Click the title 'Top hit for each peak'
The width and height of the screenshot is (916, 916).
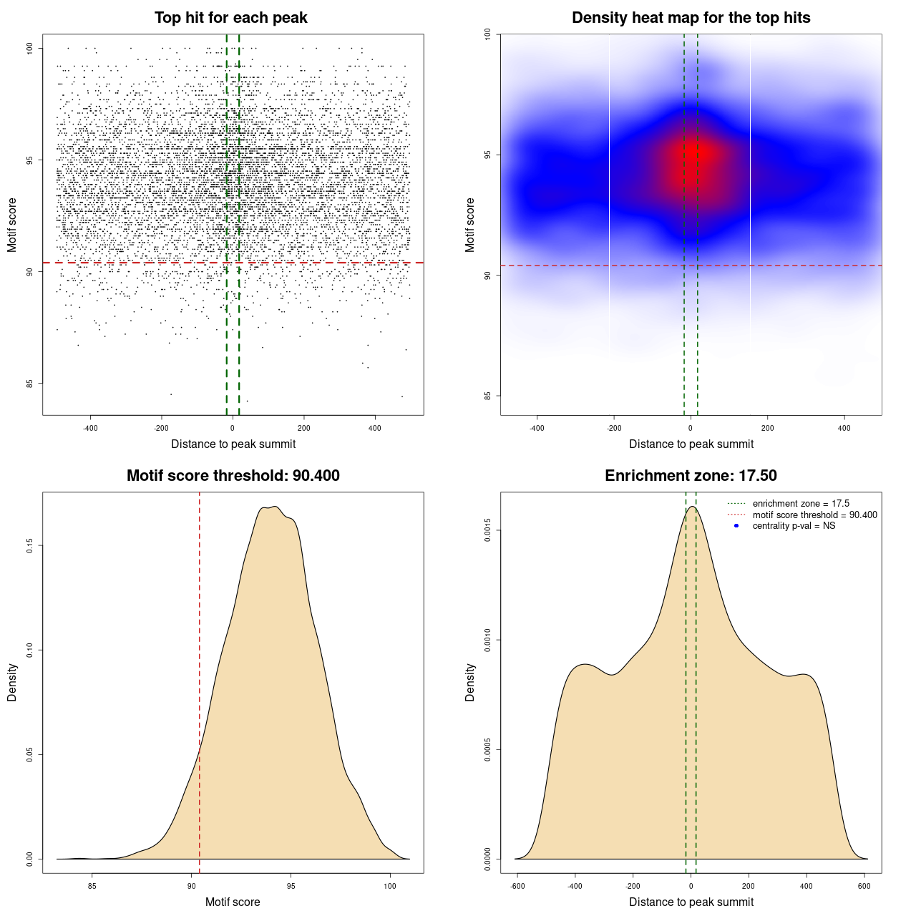click(230, 18)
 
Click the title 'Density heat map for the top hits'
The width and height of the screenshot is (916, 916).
click(691, 18)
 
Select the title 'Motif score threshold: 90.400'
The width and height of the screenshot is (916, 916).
click(233, 476)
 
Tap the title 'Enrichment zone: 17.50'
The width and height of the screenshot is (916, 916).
click(691, 476)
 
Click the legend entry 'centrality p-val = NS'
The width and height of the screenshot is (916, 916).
click(794, 526)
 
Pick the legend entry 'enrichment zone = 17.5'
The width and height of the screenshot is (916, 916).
click(801, 504)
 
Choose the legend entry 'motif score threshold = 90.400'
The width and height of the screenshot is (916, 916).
click(814, 515)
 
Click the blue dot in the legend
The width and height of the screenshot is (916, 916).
click(736, 526)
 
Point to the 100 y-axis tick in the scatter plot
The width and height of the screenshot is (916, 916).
click(30, 48)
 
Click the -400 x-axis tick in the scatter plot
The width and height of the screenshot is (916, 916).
click(90, 428)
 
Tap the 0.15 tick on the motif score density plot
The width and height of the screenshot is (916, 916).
click(30, 546)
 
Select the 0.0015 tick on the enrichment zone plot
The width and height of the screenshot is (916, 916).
click(488, 530)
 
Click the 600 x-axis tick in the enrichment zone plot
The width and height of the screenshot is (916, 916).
click(864, 886)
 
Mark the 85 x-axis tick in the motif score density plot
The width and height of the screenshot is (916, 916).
click(92, 886)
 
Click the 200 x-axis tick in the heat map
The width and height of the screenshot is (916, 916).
click(767, 428)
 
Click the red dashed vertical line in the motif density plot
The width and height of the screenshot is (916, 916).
click(199, 680)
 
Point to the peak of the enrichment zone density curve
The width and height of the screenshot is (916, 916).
click(691, 507)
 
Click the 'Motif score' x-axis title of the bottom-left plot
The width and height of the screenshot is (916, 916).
click(233, 902)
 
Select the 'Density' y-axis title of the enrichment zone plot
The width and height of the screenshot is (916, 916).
click(470, 682)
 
